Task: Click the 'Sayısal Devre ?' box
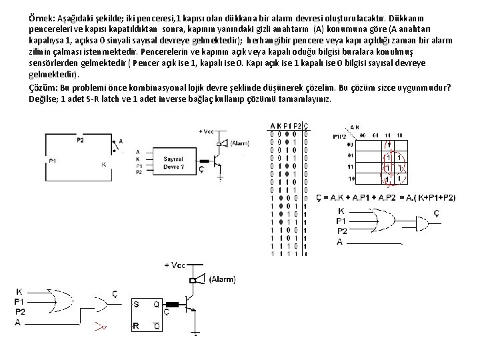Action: tap(174, 163)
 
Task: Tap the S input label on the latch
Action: tap(137, 303)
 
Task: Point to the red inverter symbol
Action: tap(100, 326)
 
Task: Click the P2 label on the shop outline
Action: tap(80, 140)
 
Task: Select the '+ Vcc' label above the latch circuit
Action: tap(174, 265)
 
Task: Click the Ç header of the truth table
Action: tap(305, 127)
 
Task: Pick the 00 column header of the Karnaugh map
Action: tap(364, 135)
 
